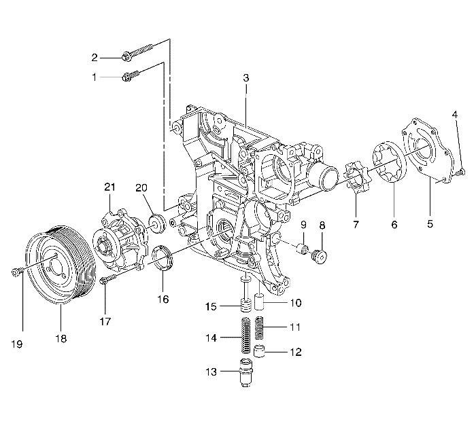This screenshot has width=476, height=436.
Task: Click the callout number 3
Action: click(246, 78)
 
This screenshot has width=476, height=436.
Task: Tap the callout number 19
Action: click(18, 344)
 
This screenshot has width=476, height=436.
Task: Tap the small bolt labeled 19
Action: click(16, 272)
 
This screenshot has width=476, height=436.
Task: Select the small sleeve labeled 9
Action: click(303, 247)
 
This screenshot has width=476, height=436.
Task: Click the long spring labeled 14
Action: click(245, 334)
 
